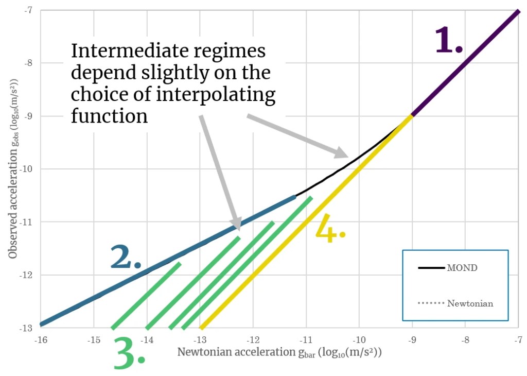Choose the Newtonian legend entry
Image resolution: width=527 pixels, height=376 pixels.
[x=469, y=303]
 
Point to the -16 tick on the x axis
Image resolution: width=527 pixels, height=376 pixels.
[x=40, y=340]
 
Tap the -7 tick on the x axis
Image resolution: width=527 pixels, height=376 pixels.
[x=518, y=340]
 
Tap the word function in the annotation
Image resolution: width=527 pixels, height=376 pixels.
[x=109, y=115]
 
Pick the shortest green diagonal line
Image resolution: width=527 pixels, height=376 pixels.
[x=146, y=296]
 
